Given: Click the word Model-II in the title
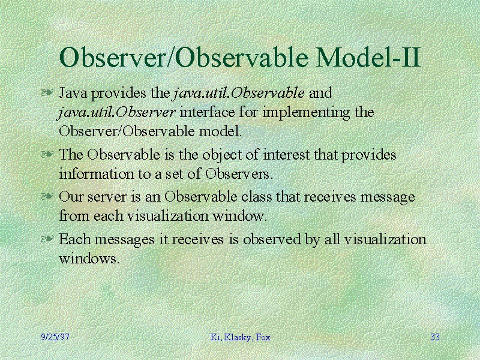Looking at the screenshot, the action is coord(368,57).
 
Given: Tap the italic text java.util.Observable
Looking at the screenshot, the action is coord(239,93).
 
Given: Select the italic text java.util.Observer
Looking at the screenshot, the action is coord(116,112).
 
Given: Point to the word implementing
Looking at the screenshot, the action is coord(306,113).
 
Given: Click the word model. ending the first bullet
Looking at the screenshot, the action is coord(220,131).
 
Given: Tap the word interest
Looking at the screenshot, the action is coord(287,155).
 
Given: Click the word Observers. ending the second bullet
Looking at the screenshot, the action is coord(239,174).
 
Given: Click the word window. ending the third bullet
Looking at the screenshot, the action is coord(239,216).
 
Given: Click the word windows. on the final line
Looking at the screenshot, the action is coord(88,259).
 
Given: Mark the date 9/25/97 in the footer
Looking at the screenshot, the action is coord(55,337).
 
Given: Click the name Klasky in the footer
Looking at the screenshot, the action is coord(238,337).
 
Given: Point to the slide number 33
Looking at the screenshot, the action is coord(435,337).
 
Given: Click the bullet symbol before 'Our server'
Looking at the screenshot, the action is coord(47,196).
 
